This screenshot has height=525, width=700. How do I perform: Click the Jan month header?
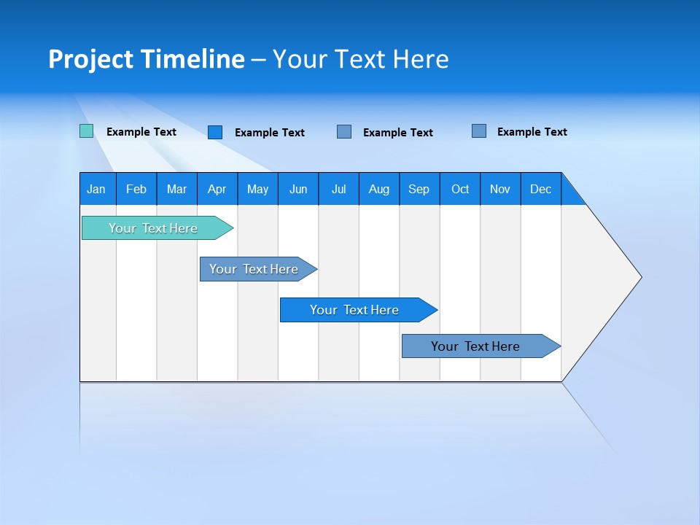pyautogui.click(x=97, y=189)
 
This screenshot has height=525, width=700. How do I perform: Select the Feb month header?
pyautogui.click(x=136, y=189)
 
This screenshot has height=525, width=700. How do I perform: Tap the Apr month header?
pyautogui.click(x=217, y=189)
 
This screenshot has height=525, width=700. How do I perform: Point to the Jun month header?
pyautogui.click(x=298, y=189)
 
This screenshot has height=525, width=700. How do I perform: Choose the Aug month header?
pyautogui.click(x=379, y=189)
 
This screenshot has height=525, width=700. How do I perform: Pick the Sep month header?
pyautogui.click(x=419, y=189)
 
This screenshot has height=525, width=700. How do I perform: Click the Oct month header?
pyautogui.click(x=460, y=189)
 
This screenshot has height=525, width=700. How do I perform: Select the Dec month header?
pyautogui.click(x=541, y=189)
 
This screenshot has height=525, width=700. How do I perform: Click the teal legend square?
pyautogui.click(x=87, y=131)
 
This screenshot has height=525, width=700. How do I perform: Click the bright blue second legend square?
pyautogui.click(x=215, y=132)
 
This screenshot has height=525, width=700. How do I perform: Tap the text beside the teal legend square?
pyautogui.click(x=141, y=132)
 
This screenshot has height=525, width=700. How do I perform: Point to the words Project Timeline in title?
pyautogui.click(x=147, y=59)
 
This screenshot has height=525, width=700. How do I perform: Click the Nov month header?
pyautogui.click(x=500, y=189)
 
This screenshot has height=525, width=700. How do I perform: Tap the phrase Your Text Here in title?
pyautogui.click(x=361, y=59)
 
